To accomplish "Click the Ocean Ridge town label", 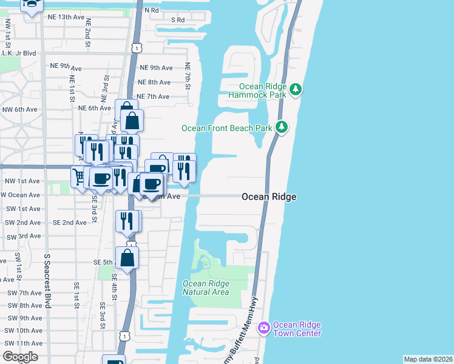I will coord(269,197).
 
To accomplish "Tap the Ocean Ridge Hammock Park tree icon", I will coord(296,90).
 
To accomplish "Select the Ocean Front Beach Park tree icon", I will coord(281,127).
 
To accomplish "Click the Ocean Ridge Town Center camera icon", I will coord(263,328).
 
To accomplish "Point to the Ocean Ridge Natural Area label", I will coord(206,288).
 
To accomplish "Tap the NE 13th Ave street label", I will coord(67,17).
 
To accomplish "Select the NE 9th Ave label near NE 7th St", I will coord(156,68).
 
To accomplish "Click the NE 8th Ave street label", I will coord(154,82).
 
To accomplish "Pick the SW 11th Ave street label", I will coord(22,343).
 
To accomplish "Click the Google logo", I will coord(20,357).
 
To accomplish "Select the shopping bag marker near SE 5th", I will coord(127,257).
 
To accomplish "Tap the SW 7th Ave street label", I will coord(22,293).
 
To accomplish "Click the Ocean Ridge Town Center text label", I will coord(297,329).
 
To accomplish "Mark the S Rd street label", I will coord(177,19).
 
